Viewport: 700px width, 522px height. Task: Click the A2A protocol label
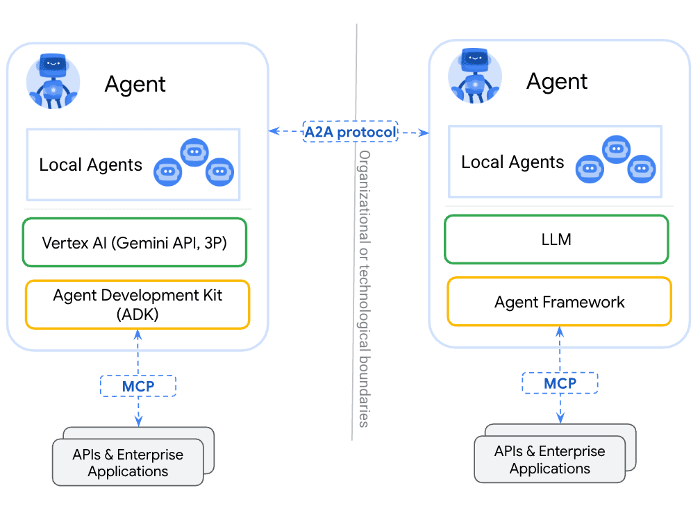(351, 131)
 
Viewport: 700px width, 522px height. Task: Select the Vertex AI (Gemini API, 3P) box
(134, 243)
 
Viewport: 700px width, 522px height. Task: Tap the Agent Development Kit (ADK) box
(137, 304)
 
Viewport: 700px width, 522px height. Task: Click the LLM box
(556, 239)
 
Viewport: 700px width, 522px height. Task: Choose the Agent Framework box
(559, 302)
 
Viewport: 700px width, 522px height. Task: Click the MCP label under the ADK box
(138, 386)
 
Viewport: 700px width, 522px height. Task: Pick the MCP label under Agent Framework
(560, 383)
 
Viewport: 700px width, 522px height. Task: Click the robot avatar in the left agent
(53, 81)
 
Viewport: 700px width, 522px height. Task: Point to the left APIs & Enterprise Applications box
(127, 463)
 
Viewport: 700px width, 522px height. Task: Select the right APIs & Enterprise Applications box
(549, 460)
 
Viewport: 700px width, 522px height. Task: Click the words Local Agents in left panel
(90, 165)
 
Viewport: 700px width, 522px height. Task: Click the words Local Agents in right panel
(512, 162)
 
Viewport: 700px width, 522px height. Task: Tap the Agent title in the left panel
(135, 85)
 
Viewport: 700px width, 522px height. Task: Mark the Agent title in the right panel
(557, 82)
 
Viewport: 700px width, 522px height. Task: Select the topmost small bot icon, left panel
(194, 152)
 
